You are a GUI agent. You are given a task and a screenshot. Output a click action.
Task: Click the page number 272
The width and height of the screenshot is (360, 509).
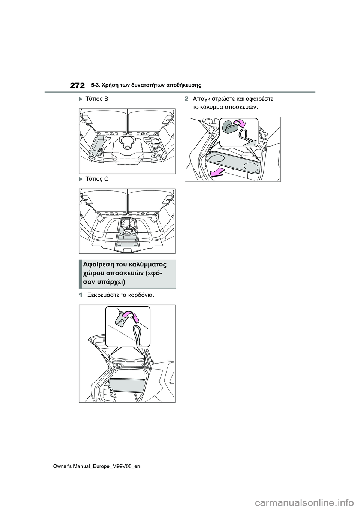coord(78,85)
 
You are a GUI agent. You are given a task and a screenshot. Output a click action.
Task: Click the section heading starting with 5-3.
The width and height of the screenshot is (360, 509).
coord(146,85)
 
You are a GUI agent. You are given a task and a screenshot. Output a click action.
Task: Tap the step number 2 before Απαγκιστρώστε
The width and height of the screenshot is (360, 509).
coord(186,99)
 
